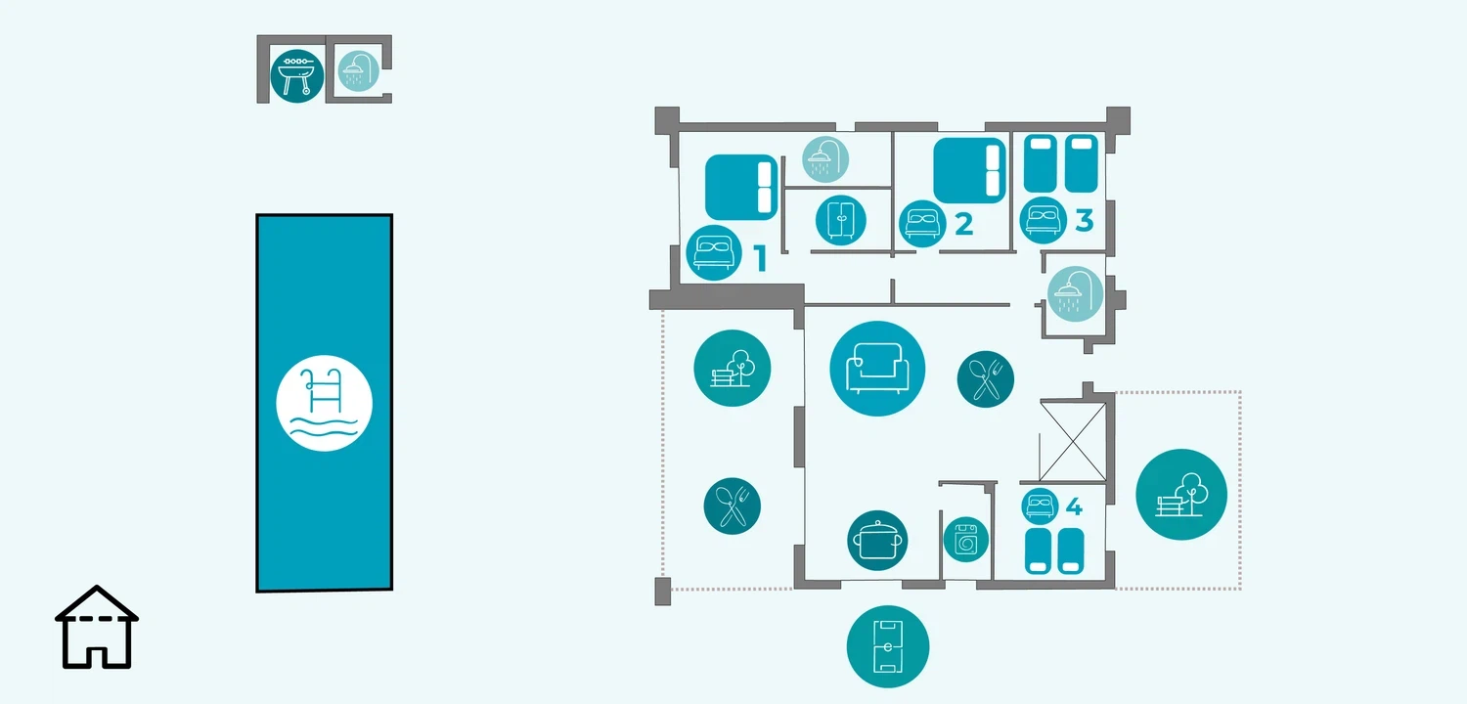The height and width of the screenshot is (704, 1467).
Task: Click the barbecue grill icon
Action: [296, 75]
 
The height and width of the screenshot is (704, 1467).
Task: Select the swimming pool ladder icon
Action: [324, 403]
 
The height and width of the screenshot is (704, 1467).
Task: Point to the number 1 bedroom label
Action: [760, 259]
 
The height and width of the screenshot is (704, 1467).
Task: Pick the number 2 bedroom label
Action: [963, 224]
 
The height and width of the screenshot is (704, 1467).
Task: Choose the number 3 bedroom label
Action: [1084, 221]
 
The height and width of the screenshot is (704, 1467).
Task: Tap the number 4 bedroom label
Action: [1074, 507]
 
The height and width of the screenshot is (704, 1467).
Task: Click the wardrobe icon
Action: [841, 219]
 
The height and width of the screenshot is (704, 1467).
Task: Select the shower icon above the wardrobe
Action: [825, 157]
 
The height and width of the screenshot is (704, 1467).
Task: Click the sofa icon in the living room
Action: [877, 369]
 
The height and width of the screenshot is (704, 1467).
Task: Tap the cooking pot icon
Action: [877, 540]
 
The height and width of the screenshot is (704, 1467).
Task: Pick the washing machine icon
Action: [966, 539]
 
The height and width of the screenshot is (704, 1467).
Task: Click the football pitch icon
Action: [888, 646]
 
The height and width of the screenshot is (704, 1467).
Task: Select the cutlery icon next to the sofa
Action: [986, 378]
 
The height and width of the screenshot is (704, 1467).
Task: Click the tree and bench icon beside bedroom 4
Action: [1181, 495]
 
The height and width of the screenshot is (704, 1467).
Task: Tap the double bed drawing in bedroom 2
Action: [969, 170]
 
